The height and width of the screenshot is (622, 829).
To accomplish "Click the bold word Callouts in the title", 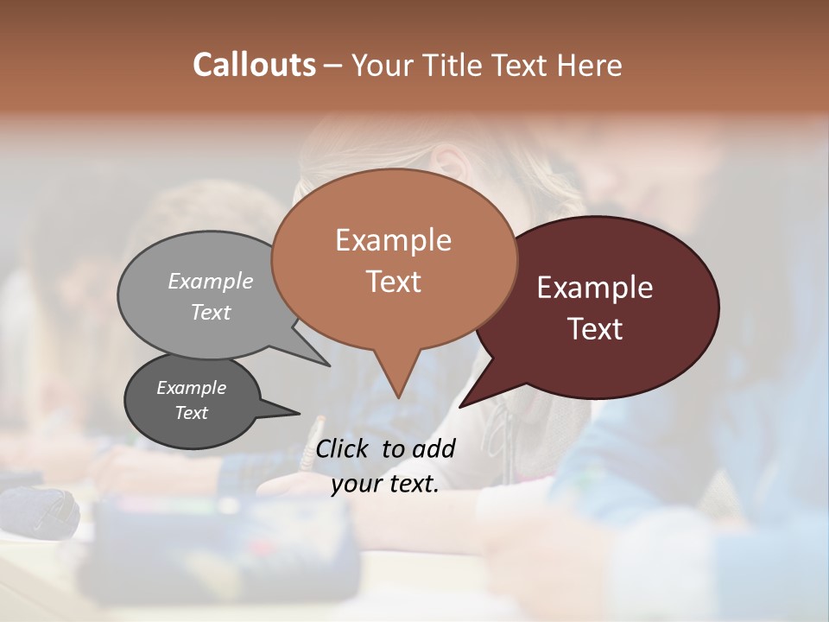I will coord(254,65).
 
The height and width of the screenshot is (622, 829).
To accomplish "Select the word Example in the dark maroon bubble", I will coord(595,288).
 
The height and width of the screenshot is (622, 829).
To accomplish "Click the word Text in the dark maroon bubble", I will coord(596,329).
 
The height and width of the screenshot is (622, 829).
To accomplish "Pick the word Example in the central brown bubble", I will coord(393,240).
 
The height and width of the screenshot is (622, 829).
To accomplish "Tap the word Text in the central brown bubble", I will coord(394,282).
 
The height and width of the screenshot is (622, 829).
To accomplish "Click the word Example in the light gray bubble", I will coord(211,281).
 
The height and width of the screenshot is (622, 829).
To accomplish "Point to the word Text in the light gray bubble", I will coord(211,313).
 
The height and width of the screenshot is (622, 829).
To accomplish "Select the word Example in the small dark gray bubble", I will coord(191,388).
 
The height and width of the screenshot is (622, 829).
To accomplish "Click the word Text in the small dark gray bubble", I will coord(192,413).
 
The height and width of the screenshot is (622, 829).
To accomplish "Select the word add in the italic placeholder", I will coord(433,448).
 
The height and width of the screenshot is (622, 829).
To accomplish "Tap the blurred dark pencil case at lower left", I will coord(39,511).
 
